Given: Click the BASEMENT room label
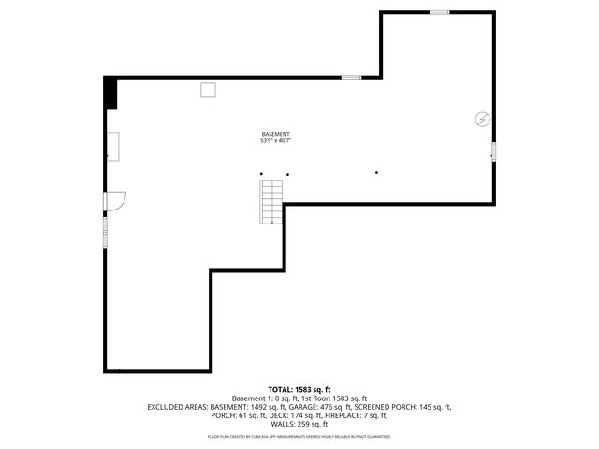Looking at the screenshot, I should [275, 134].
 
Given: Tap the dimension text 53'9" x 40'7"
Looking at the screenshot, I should [275, 141].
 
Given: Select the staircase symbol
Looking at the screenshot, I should [271, 201].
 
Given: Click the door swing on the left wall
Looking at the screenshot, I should [115, 201].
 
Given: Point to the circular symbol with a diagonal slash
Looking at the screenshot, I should [482, 119].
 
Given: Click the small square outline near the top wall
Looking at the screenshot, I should [209, 89].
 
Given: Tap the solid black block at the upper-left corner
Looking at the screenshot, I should [110, 94].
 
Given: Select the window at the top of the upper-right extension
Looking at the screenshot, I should [439, 12].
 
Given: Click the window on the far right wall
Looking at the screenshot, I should [493, 152].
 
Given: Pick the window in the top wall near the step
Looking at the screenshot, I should [351, 77].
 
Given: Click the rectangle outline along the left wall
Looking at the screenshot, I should [112, 145].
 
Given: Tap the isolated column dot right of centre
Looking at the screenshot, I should [376, 173].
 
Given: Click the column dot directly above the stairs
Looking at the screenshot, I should [262, 174].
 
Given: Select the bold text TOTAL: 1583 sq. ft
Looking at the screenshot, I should [299, 389].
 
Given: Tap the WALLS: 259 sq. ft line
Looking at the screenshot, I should [299, 425].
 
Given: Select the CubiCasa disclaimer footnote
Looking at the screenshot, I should [299, 436].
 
